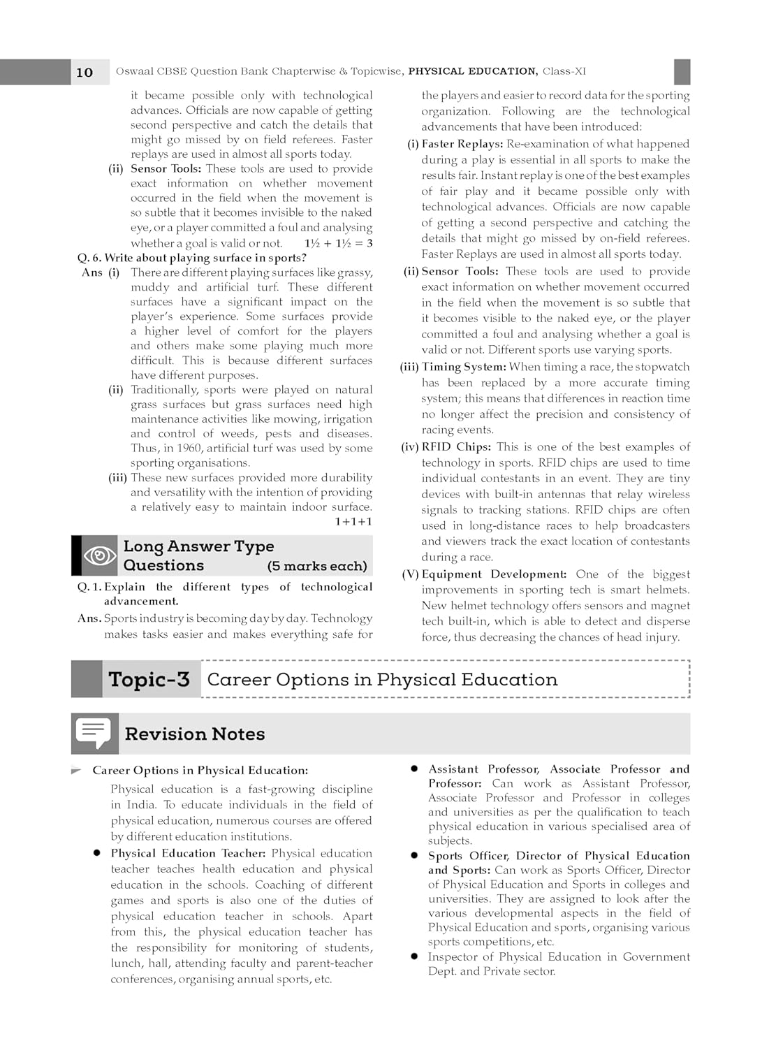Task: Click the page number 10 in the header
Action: pyautogui.click(x=85, y=72)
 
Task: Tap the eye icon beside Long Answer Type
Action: pyautogui.click(x=99, y=555)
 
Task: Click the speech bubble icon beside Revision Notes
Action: pyautogui.click(x=94, y=733)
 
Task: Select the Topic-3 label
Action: pyautogui.click(x=149, y=679)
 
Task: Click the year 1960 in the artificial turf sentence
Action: pyautogui.click(x=190, y=449)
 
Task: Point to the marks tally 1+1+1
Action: pyautogui.click(x=353, y=522)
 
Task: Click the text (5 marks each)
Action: pyautogui.click(x=317, y=566)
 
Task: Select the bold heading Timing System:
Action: pyautogui.click(x=464, y=367)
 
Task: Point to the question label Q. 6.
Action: pyautogui.click(x=89, y=258)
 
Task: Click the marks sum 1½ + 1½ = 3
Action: pyautogui.click(x=338, y=243)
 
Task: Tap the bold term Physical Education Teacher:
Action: pyautogui.click(x=188, y=853)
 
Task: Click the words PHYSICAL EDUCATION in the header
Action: pyautogui.click(x=472, y=71)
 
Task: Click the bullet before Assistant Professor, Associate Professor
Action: pyautogui.click(x=414, y=769)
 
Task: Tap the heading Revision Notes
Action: pyautogui.click(x=195, y=734)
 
